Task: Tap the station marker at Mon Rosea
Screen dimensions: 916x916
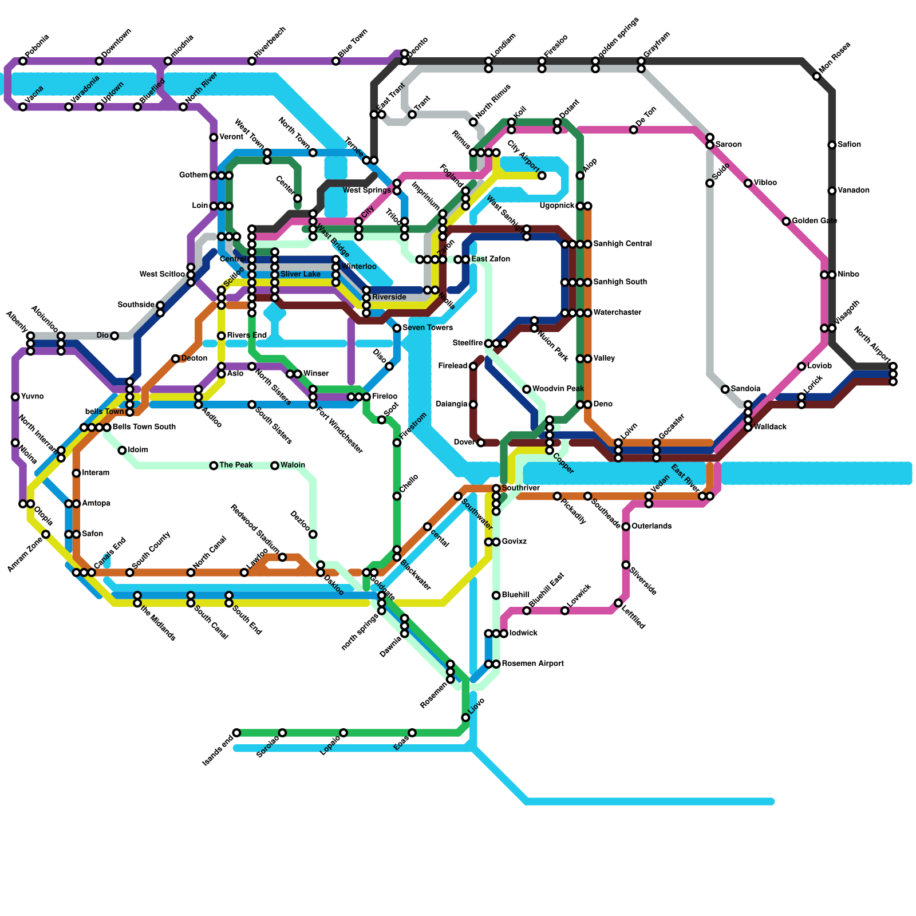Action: pos(817,76)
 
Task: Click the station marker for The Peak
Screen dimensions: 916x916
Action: pos(214,465)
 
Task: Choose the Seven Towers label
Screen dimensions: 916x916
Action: pos(428,328)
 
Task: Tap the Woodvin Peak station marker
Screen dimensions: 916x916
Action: pos(527,389)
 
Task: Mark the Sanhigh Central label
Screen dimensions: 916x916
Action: pos(622,244)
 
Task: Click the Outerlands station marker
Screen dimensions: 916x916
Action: pos(626,526)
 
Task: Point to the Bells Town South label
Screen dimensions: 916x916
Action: pos(144,427)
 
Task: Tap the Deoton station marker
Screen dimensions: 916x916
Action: pos(175,358)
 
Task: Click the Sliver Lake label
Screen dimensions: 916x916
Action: pos(300,275)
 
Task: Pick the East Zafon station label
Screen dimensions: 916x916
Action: pos(491,259)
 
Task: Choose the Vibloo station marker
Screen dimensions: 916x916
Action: pos(748,183)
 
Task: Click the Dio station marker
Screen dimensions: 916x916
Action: pos(114,335)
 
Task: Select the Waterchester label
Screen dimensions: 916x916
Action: pos(617,313)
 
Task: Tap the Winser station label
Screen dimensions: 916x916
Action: pos(315,374)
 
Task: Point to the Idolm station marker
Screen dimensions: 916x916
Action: pos(122,451)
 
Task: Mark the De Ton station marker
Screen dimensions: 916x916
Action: pos(633,130)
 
